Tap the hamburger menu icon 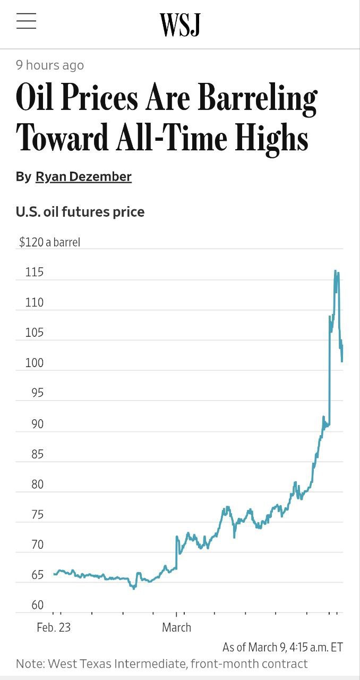pos(26,21)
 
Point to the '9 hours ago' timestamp pos(50,65)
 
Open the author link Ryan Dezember pos(83,176)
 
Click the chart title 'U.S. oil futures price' pos(80,212)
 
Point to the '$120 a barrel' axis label pos(49,242)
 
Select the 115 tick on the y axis pos(34,273)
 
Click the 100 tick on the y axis pos(34,363)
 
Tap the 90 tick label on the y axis pos(34,424)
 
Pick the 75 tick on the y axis pos(34,515)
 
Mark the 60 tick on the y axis pos(34,605)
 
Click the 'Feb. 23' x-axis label pos(54,627)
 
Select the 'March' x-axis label pos(176,627)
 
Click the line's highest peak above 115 pos(336,271)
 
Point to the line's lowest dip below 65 pos(134,588)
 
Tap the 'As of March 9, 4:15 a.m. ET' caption pos(282,647)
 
